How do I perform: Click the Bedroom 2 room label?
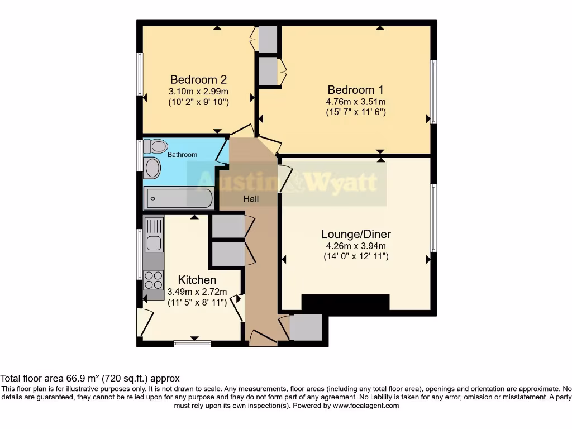coord(198,79)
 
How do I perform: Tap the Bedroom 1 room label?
coord(356,89)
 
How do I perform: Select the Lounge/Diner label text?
coord(356,233)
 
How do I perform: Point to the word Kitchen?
coord(197,279)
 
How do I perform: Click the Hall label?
coord(251,198)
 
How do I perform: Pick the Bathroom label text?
coord(183,155)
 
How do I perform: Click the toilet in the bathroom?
coord(155,146)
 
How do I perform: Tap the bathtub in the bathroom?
coord(179,198)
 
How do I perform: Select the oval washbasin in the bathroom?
coord(151,168)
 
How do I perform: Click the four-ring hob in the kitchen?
coord(154,280)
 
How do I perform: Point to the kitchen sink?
coord(154,244)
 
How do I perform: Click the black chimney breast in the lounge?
coord(345,302)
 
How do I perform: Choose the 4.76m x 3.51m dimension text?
coord(356,102)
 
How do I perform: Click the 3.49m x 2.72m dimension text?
coord(197,292)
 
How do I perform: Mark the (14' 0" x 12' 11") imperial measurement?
coord(356,256)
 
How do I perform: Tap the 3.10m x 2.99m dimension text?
coord(198,91)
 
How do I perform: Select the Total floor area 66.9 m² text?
coord(67,378)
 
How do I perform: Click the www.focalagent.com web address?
coord(366,406)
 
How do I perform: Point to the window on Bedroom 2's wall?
coord(141,74)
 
